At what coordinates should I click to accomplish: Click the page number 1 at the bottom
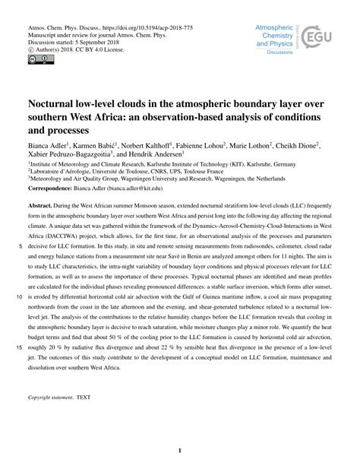pos(180,451)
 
